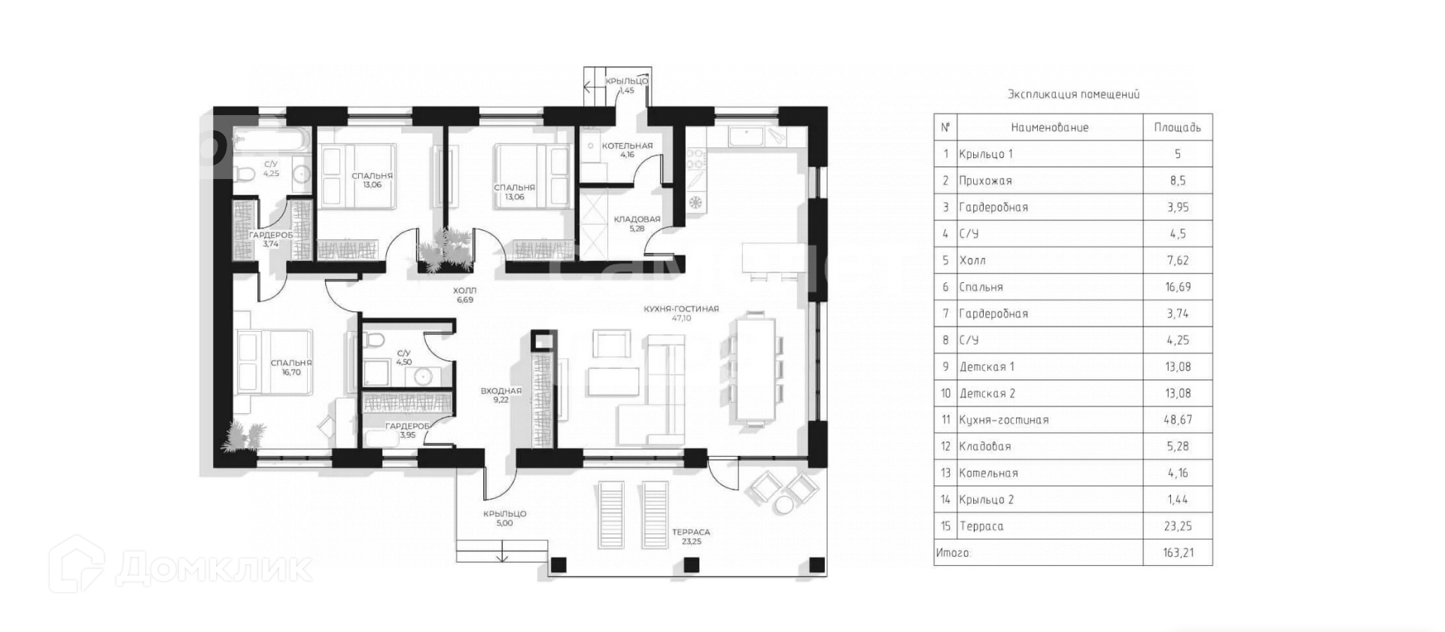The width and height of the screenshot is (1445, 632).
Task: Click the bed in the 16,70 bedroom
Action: point(272,361)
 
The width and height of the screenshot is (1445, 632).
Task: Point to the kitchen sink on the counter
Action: point(746,137)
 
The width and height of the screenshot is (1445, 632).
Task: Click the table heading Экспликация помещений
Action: point(1073,95)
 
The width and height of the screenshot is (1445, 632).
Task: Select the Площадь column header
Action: point(1177,128)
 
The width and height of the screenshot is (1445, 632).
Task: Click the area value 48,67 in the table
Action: point(1177,420)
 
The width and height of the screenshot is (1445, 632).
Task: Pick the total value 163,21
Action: point(1177,553)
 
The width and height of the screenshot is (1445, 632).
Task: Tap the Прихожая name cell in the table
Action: point(985,181)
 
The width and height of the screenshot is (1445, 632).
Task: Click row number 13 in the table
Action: point(945,473)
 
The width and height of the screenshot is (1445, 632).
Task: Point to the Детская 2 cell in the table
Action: point(987,393)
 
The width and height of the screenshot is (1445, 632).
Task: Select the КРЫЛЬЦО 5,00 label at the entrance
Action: point(504,518)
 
